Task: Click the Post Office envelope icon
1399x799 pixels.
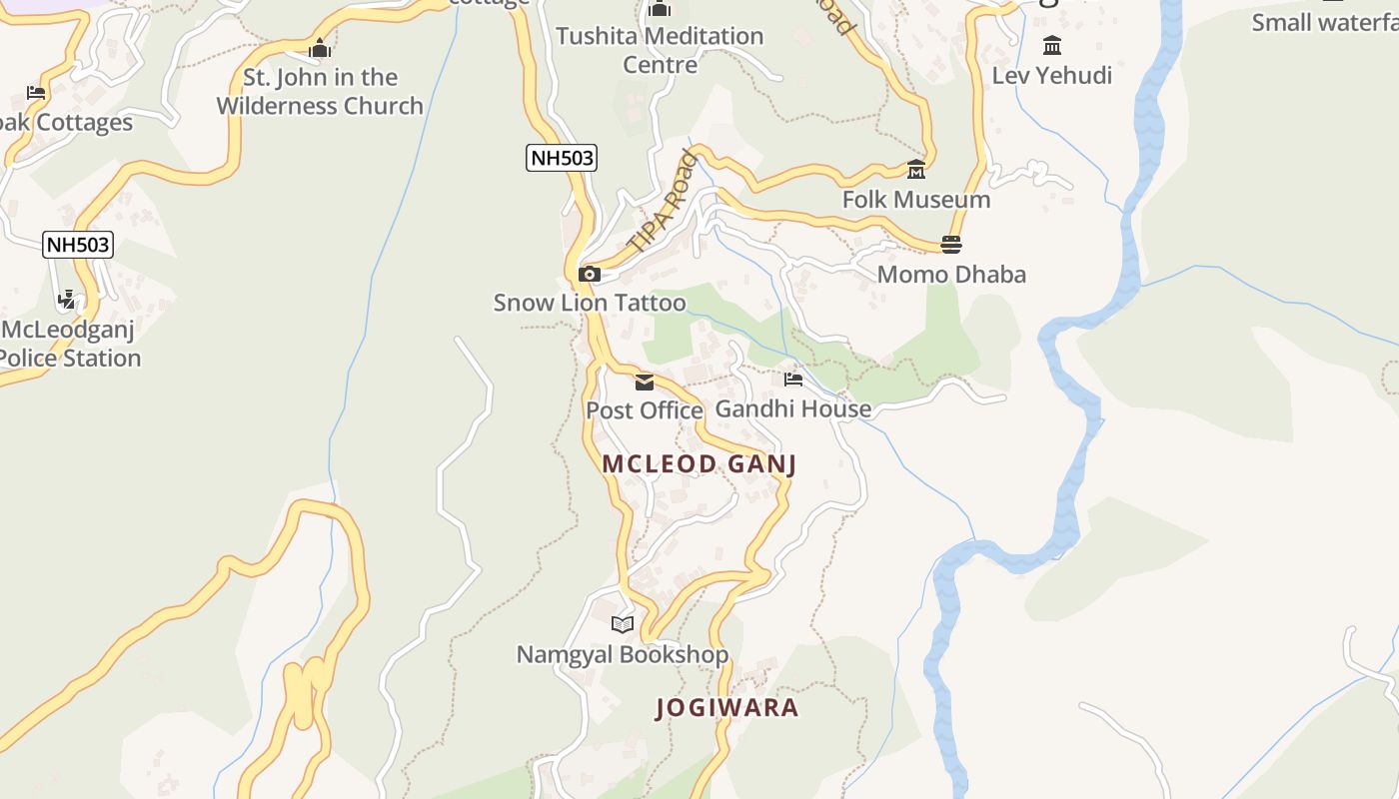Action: pos(645,383)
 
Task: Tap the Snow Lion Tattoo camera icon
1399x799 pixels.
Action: pos(590,274)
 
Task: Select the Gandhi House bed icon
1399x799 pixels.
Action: pos(793,380)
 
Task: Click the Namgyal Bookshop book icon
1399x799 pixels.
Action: pos(623,624)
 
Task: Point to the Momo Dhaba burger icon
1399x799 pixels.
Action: pos(951,245)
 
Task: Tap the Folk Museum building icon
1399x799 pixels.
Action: pos(916,169)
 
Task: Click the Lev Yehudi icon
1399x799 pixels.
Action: pos(1052,46)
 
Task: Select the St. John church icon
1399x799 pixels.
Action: pos(320,48)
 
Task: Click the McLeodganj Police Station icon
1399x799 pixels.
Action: pos(67,299)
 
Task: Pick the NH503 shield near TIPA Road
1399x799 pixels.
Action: pos(562,158)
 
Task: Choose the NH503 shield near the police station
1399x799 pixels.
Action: pos(78,245)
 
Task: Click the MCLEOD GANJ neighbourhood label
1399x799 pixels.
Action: pos(699,464)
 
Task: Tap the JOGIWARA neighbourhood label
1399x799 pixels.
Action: pos(727,708)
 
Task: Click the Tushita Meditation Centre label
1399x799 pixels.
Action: pos(660,50)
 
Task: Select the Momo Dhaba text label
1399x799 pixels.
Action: pos(951,275)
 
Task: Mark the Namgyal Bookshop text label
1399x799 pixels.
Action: pos(622,655)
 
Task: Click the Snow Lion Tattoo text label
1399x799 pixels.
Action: pos(590,303)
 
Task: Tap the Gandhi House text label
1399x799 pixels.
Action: pos(793,408)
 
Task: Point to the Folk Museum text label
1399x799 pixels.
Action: pos(916,200)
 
